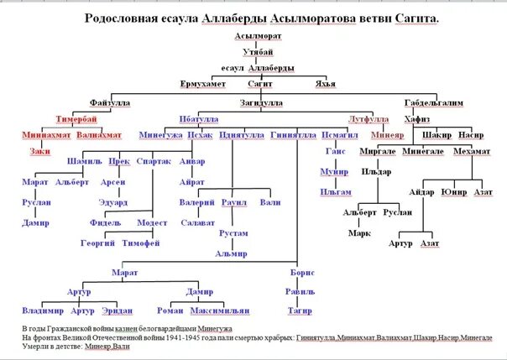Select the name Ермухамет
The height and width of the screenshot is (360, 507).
pos(204,84)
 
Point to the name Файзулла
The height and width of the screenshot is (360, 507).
pos(109,103)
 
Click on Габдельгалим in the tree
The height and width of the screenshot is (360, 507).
pos(432,103)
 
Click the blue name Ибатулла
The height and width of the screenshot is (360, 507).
pos(200,119)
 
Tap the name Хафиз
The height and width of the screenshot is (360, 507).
pos(417,119)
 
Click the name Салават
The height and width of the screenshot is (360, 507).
pos(198,222)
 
